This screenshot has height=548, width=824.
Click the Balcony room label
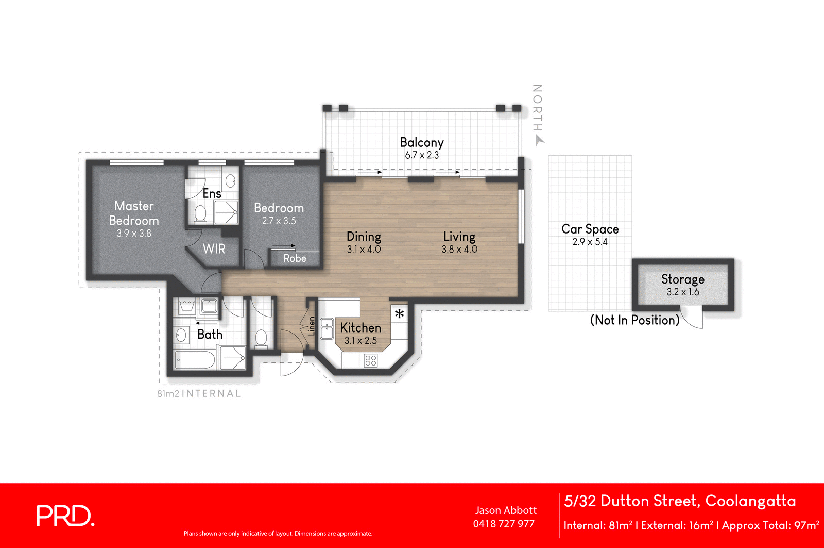click(x=421, y=142)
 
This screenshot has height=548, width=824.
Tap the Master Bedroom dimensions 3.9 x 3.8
click(x=134, y=234)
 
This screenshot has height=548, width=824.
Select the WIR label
click(x=214, y=249)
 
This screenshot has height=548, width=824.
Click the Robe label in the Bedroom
click(x=295, y=258)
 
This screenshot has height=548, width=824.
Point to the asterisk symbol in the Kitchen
click(x=400, y=313)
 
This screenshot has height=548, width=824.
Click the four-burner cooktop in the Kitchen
click(x=371, y=360)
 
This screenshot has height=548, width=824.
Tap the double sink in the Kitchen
click(x=327, y=329)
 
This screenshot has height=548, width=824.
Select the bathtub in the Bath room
click(x=194, y=360)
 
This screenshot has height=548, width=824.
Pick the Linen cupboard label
click(x=311, y=326)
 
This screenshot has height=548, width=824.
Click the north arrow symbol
click(x=539, y=140)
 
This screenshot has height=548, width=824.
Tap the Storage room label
click(x=682, y=279)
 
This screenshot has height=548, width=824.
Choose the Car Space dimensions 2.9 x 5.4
click(x=590, y=242)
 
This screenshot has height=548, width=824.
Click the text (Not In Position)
click(x=634, y=320)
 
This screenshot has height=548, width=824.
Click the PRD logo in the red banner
click(x=65, y=516)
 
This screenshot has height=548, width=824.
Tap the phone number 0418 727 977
click(x=504, y=524)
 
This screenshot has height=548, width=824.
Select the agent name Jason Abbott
click(x=506, y=510)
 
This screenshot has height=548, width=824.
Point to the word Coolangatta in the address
click(x=750, y=501)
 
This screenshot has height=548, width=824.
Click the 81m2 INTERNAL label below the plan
click(x=199, y=394)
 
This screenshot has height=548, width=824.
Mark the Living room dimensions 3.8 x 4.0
click(x=459, y=250)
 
